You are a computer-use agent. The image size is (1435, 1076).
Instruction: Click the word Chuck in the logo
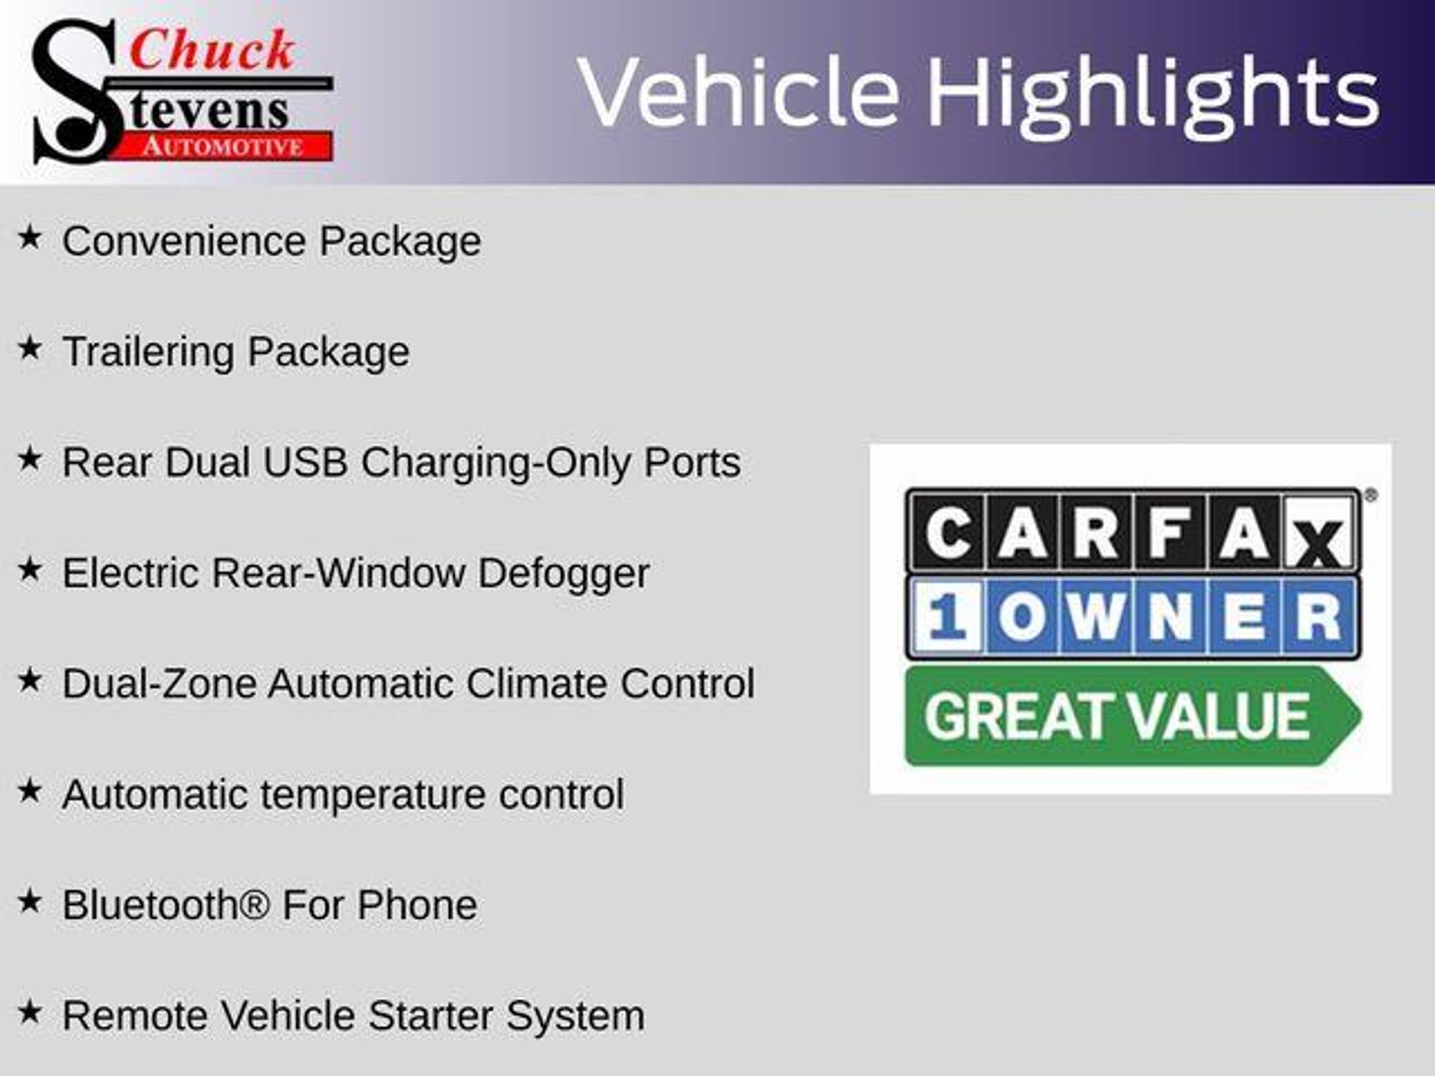(x=212, y=50)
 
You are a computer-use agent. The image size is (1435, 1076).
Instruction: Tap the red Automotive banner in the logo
(x=223, y=146)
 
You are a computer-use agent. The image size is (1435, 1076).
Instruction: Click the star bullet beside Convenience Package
(x=30, y=237)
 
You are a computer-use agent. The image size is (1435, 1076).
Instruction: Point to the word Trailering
(x=148, y=352)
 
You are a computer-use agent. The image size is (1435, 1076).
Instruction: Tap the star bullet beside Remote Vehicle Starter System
(x=30, y=1012)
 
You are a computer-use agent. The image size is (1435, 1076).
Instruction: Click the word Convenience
(x=184, y=241)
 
